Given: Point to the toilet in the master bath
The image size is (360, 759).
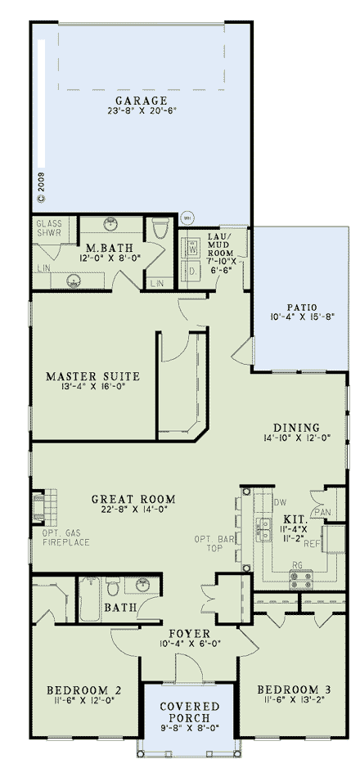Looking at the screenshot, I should [159, 231].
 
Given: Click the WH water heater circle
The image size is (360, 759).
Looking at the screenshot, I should [187, 218].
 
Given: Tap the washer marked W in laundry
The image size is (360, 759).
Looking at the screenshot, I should [193, 249].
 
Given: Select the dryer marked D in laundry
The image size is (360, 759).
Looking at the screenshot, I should [193, 270].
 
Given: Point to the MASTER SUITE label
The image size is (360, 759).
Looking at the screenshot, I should [92, 376].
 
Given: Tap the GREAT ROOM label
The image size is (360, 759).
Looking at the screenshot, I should [133, 499].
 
